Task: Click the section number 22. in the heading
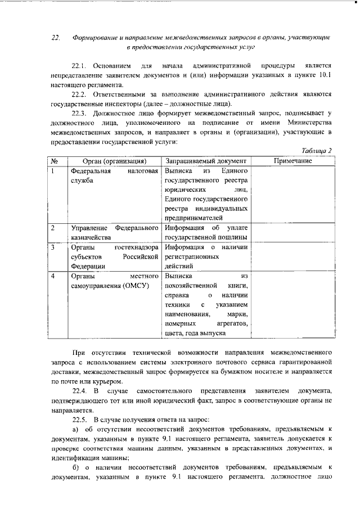click(x=56, y=38)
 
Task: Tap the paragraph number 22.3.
click(x=81, y=114)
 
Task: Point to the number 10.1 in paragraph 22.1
click(x=323, y=75)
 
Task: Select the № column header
click(x=56, y=161)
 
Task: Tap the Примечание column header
click(x=292, y=161)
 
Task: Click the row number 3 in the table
click(x=52, y=246)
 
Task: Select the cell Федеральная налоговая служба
click(x=114, y=175)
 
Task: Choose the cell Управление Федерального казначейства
click(x=114, y=233)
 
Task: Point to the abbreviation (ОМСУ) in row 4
click(x=138, y=286)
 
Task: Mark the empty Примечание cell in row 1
click(x=292, y=194)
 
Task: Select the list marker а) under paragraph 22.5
click(x=76, y=429)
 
